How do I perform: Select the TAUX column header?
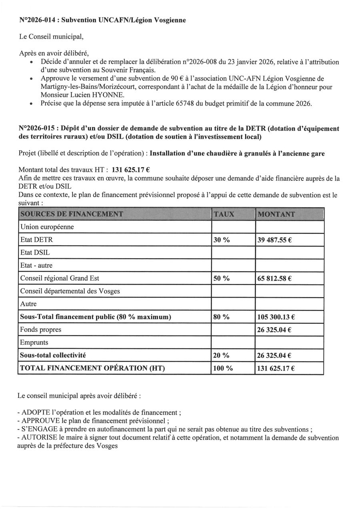(224, 214)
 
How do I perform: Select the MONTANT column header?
(276, 214)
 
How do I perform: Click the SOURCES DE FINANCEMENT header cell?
(72, 214)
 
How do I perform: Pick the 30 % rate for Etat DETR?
(222, 240)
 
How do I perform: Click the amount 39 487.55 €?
(274, 240)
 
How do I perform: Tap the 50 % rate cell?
(222, 278)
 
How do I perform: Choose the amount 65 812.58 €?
(274, 278)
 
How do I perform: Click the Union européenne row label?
(47, 227)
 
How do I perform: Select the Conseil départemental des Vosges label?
(70, 291)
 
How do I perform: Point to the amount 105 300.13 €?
(276, 317)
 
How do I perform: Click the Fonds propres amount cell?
(274, 330)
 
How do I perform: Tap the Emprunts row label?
(34, 343)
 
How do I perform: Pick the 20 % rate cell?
(222, 355)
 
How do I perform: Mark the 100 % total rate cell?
(223, 368)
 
